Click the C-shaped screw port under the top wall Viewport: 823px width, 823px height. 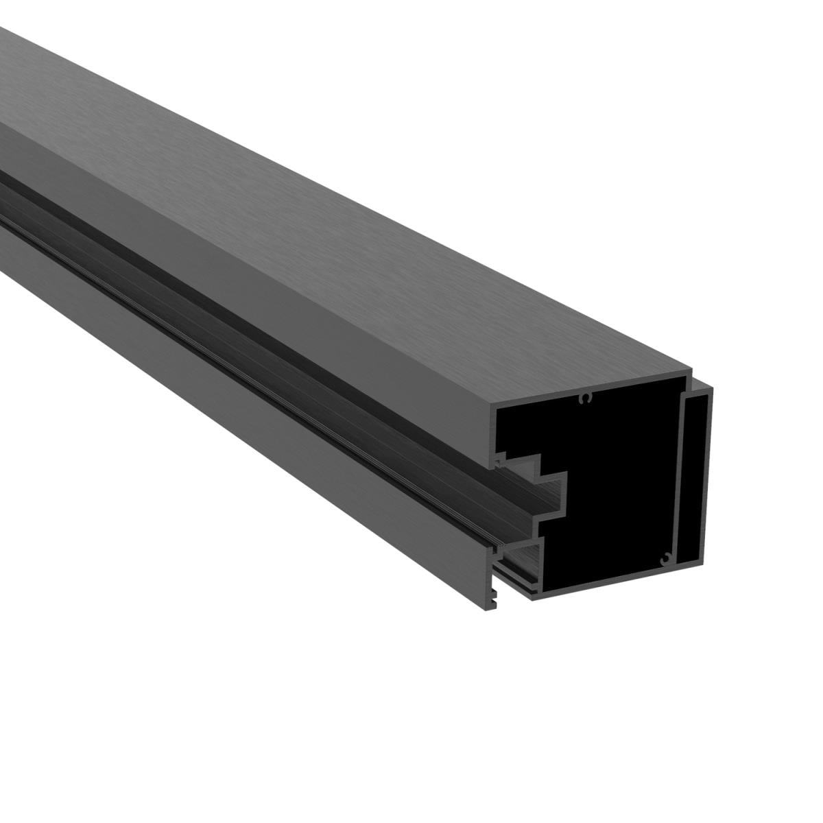(x=584, y=398)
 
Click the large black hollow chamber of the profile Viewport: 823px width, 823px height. (x=617, y=480)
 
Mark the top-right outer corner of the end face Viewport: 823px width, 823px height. (x=712, y=388)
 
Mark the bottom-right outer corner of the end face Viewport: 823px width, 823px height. (x=712, y=576)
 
